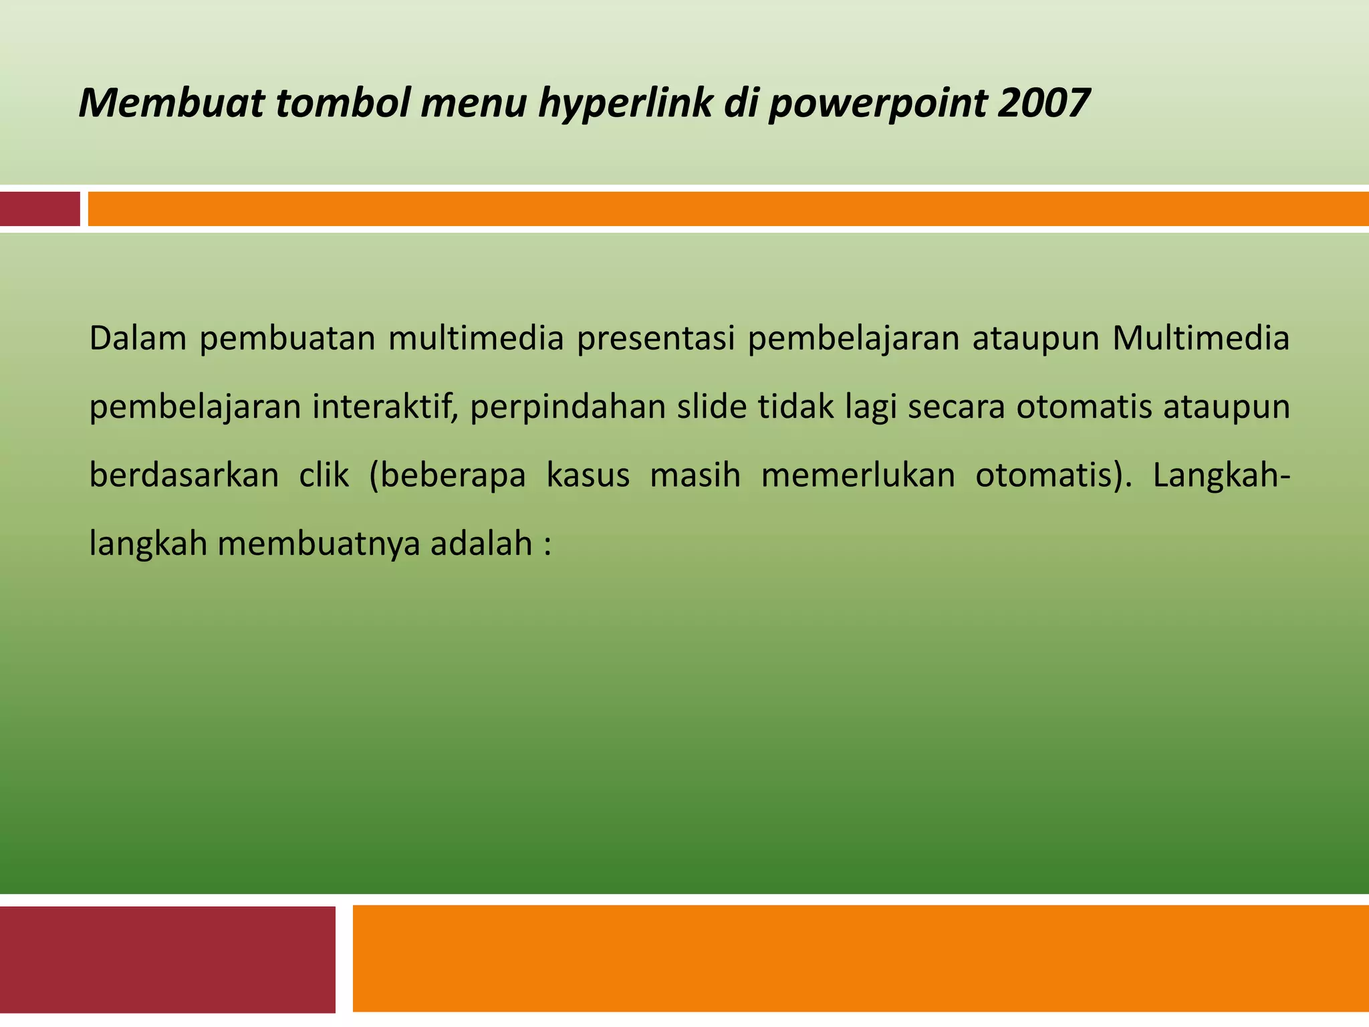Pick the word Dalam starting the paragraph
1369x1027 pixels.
pos(138,338)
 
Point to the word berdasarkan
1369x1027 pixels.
pos(184,475)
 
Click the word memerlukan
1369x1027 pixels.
pos(858,475)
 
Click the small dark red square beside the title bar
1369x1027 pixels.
pos(39,209)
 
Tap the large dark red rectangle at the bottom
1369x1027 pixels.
pos(167,959)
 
